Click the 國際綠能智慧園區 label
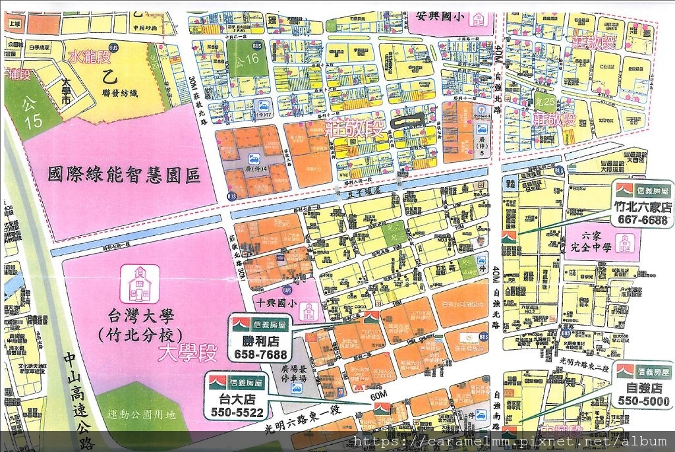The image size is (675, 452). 124,175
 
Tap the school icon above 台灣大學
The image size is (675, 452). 140,283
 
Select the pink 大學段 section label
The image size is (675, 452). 187,354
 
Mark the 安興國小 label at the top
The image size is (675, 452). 442,16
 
